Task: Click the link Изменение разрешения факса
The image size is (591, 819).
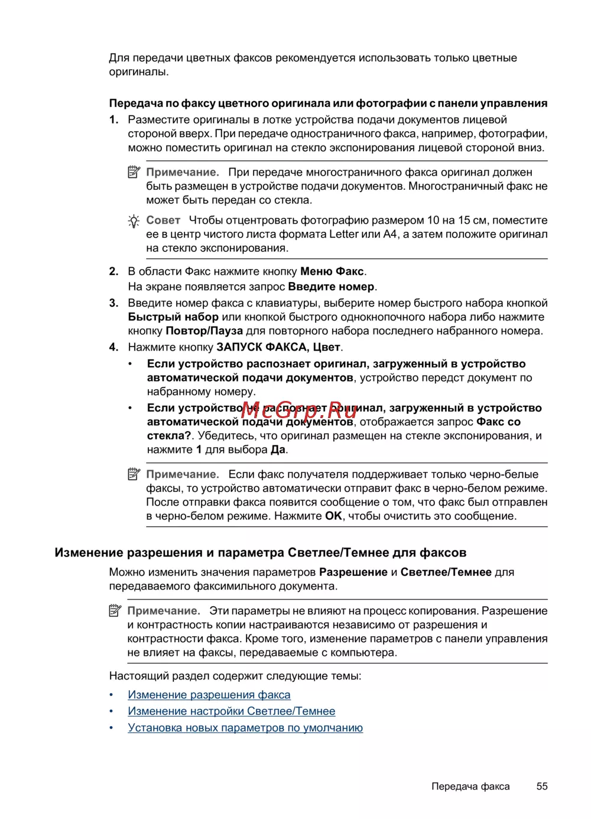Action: click(x=209, y=695)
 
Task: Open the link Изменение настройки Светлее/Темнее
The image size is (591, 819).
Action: click(x=232, y=711)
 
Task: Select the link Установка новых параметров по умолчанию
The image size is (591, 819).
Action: click(x=245, y=728)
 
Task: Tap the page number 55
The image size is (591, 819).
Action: click(x=542, y=786)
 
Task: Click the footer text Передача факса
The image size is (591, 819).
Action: click(x=470, y=786)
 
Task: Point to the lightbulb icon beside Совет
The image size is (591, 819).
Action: click(x=134, y=221)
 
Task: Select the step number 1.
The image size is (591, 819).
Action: click(x=113, y=120)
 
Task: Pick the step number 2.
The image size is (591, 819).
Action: click(x=113, y=272)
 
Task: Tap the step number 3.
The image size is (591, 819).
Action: click(x=113, y=303)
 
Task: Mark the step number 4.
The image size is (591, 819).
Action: click(x=113, y=348)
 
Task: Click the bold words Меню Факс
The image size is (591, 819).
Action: click(x=332, y=272)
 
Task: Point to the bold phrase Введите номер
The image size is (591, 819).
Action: click(x=332, y=287)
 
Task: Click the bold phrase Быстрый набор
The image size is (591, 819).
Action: click(x=173, y=317)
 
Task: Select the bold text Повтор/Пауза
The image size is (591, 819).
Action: click(x=204, y=331)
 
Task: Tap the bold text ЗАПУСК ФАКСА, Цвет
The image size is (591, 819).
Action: click(x=278, y=348)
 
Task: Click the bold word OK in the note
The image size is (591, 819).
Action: click(x=333, y=516)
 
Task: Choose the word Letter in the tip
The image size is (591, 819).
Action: click(x=344, y=235)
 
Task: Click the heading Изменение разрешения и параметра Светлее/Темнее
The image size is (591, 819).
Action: click(x=261, y=553)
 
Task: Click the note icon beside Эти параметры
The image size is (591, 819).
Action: click(x=115, y=611)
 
